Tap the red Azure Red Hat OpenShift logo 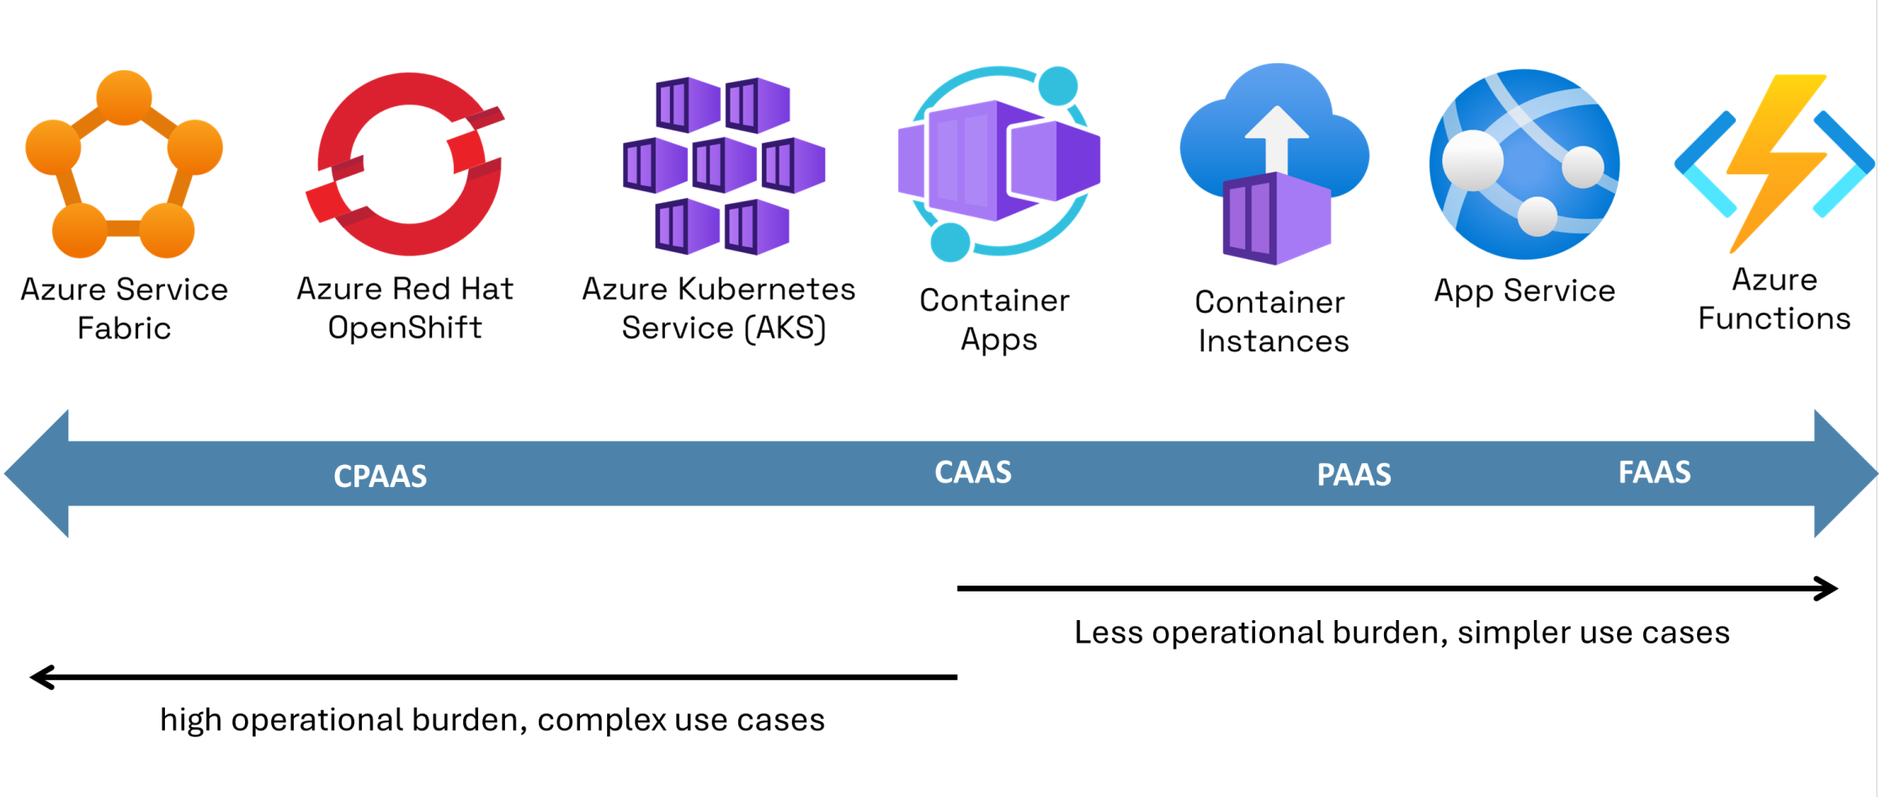pyautogui.click(x=407, y=164)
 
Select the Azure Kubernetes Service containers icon pyautogui.click(x=723, y=166)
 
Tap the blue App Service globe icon pyautogui.click(x=1525, y=164)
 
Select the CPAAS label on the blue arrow pyautogui.click(x=380, y=476)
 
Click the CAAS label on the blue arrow pyautogui.click(x=972, y=473)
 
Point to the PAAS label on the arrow pyautogui.click(x=1354, y=475)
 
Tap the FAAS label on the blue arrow pyautogui.click(x=1654, y=473)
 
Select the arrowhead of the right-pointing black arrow pyautogui.click(x=1827, y=588)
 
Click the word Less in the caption pyautogui.click(x=1108, y=633)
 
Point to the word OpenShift pyautogui.click(x=405, y=328)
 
